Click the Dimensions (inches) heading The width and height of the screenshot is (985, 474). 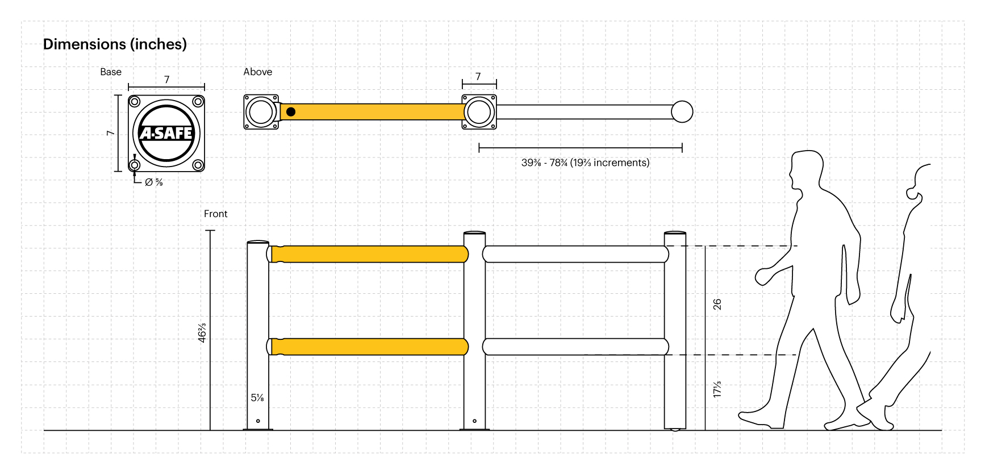coord(115,44)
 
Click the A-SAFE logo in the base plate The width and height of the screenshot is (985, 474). coord(166,134)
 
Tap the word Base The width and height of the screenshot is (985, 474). coord(111,72)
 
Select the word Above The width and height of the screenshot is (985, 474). coord(257,72)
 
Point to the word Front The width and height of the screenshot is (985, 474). coord(215,214)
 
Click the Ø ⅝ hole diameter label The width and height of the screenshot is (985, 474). coord(153,182)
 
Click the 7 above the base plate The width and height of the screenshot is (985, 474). coord(166,79)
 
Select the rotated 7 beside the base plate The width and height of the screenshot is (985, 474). coord(110,133)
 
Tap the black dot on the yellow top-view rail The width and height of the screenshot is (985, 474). coord(291,112)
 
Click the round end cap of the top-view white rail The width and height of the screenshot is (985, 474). coord(682,112)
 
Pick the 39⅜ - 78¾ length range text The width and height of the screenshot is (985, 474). coord(585,163)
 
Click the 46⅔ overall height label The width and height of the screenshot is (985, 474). coord(202,332)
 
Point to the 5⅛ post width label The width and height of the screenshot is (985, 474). coord(257,398)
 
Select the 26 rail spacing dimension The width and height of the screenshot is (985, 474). coord(717,304)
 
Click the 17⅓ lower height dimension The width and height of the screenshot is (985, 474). coord(717,389)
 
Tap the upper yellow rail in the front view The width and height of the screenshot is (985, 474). coord(369,254)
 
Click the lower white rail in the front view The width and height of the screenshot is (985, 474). coord(575,347)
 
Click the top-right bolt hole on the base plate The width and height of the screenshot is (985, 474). coord(198,102)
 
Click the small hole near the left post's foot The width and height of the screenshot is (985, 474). coord(258,421)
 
